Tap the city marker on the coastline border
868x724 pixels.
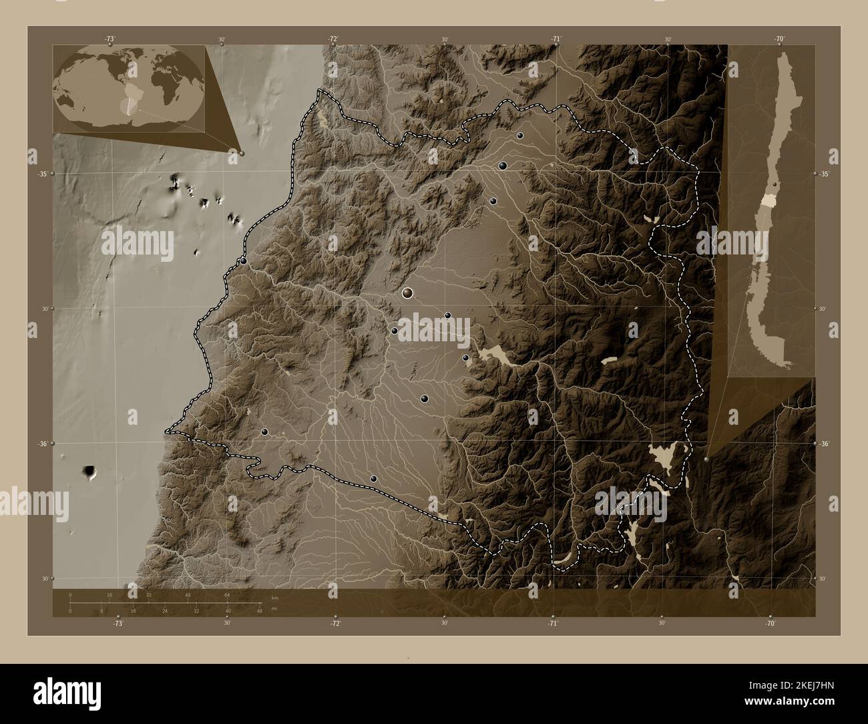coord(244,260)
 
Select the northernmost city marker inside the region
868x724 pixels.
coord(519,136)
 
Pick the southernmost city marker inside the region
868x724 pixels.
coord(373,478)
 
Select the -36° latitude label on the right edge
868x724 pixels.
coord(825,443)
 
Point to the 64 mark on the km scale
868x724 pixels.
coord(227,594)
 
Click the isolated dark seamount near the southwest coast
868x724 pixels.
coord(89,472)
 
